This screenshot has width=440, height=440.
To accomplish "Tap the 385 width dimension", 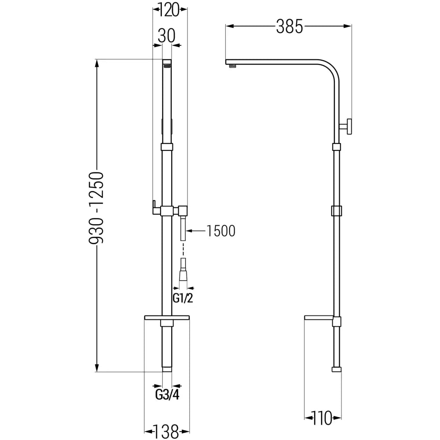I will pyautogui.click(x=289, y=27).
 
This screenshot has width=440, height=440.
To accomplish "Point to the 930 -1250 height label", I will pyautogui.click(x=96, y=208).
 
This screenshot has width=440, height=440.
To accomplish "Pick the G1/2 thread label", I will pyautogui.click(x=183, y=299).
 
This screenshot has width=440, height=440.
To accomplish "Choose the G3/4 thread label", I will pyautogui.click(x=167, y=393).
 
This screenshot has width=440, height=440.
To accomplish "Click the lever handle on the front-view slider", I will pyautogui.click(x=155, y=207).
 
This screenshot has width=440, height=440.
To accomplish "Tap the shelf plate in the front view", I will pyautogui.click(x=167, y=317).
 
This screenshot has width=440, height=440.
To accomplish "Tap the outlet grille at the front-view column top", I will pyautogui.click(x=167, y=66).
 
